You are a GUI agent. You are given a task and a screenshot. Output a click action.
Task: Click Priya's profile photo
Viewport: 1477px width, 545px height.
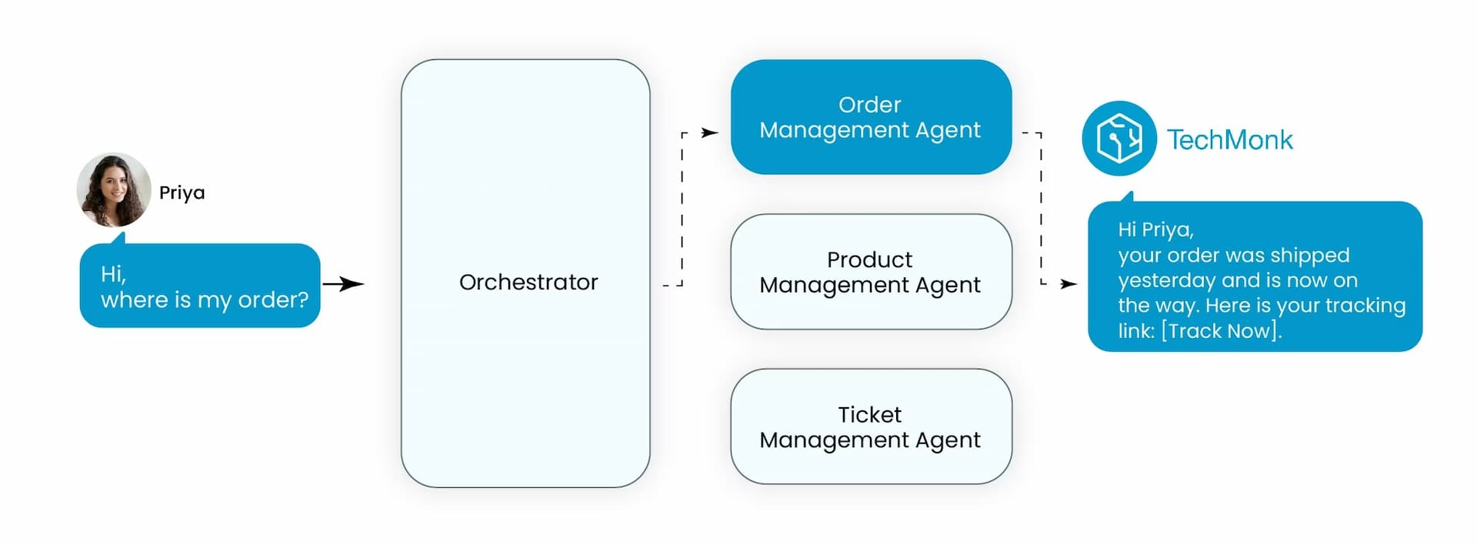pos(114,189)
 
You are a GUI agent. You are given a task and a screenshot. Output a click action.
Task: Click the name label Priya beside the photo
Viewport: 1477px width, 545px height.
pos(182,192)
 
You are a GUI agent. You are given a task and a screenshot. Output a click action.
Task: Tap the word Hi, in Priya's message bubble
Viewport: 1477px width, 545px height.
pos(113,274)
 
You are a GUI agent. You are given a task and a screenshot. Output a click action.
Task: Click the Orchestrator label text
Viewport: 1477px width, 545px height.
pos(528,283)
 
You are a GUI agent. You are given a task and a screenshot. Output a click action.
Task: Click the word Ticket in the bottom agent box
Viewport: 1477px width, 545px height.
pos(869,415)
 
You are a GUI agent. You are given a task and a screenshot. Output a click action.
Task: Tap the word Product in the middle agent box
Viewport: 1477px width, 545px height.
pos(869,259)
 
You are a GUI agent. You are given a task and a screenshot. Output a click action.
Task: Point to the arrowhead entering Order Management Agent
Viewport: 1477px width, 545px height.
pos(711,133)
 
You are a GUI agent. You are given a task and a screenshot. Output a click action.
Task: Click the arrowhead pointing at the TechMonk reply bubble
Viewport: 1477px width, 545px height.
pos(1069,284)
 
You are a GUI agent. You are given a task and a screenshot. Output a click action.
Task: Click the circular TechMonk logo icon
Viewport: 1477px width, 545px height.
pos(1119,139)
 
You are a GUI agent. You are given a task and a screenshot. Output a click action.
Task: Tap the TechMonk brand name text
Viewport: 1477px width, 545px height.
pos(1229,140)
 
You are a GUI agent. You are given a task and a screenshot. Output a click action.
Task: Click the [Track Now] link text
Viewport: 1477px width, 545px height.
pos(1220,331)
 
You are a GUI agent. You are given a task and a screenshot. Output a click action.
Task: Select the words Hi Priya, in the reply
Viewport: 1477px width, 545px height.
pos(1155,229)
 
